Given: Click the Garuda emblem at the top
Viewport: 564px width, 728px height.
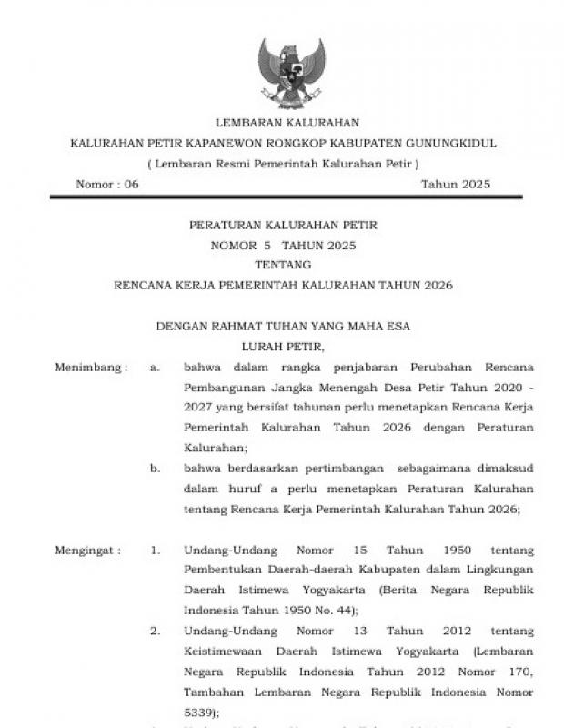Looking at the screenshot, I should [x=291, y=72].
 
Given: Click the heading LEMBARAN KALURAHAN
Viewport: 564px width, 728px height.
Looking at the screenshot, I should [x=287, y=123].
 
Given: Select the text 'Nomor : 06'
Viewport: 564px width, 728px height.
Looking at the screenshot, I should [x=107, y=185].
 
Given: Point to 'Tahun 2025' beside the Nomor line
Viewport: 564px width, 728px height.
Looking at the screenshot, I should [x=455, y=185].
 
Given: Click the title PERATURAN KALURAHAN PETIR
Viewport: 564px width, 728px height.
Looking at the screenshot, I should [x=282, y=225].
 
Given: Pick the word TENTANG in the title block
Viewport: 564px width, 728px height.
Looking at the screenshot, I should [x=283, y=265].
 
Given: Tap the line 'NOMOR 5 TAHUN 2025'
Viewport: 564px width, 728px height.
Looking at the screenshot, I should [x=283, y=245].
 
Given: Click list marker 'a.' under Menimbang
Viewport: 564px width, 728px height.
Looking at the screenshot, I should [x=156, y=368].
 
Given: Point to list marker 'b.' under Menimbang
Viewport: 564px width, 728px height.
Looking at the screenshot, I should [x=156, y=470].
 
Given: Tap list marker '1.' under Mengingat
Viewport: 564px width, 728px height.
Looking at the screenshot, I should [x=156, y=551].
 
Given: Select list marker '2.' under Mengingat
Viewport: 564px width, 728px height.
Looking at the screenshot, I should [x=156, y=632].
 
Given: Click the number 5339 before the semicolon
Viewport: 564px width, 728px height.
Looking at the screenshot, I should [x=199, y=713].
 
